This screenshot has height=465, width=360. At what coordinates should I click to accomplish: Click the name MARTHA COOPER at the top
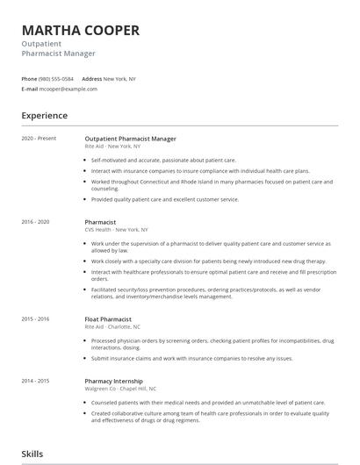pos(80,30)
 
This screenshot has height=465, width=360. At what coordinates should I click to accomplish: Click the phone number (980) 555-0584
pos(56,78)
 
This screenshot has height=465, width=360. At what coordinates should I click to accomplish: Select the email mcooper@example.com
pos(68,89)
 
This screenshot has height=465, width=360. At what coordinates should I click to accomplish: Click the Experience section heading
pos(45,116)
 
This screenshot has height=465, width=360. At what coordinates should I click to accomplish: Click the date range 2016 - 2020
pos(36,223)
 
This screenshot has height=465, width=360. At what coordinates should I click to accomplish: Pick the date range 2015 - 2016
pos(36,319)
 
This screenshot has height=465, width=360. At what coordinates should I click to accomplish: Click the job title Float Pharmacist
pos(109,319)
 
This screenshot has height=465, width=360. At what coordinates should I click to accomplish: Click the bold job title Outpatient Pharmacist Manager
pos(131,139)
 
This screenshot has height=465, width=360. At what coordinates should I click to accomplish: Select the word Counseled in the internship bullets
pos(104,403)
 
